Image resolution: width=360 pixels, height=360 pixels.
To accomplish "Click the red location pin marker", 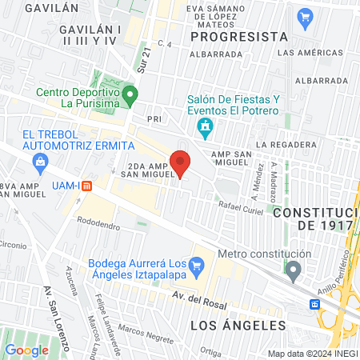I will (181, 163).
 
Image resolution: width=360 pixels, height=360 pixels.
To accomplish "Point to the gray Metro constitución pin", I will (294, 270).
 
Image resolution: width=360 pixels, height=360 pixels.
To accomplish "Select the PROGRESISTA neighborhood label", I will (239, 37).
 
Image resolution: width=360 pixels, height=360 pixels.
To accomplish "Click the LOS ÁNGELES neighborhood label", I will (238, 326).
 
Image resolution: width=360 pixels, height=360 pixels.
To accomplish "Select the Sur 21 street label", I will (144, 58).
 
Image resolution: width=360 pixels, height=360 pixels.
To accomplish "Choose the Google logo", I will (26, 350).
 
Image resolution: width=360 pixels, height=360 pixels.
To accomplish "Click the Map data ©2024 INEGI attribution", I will (312, 354).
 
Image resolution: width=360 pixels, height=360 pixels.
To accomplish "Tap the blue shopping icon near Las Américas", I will (304, 16).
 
